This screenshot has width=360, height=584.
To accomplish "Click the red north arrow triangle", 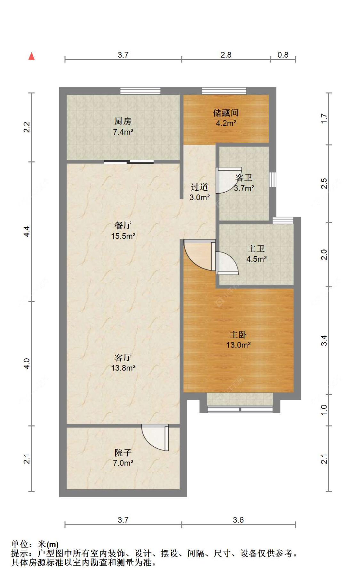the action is pos(31,56).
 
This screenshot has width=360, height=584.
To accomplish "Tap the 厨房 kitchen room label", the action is pos(123,121).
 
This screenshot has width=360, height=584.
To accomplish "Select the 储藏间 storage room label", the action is pos(226,113).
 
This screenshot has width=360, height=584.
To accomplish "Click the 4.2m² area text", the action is pos(226,123).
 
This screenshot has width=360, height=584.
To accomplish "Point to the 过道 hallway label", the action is pos(199,187).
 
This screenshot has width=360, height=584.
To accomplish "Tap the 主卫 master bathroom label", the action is pos(256,249).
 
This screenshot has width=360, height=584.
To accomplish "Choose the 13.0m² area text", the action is pos(238,345).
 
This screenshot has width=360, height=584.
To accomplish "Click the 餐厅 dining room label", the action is pos(123,225).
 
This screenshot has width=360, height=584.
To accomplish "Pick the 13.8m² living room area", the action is pos(123,368).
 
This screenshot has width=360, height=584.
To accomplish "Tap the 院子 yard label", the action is pos(123,452).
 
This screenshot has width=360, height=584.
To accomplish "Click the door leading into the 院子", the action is pos(155,437).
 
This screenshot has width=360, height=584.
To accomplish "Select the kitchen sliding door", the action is pos(129,162).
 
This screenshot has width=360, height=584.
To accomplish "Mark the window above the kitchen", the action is pos(140,91).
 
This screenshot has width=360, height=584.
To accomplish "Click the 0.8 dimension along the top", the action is pos(283,55).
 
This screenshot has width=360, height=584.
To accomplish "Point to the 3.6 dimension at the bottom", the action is pos(238,520).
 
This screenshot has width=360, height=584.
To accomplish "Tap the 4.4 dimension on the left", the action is pos(27,231).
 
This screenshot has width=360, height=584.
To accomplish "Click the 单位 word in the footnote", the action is pos(20,544).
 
